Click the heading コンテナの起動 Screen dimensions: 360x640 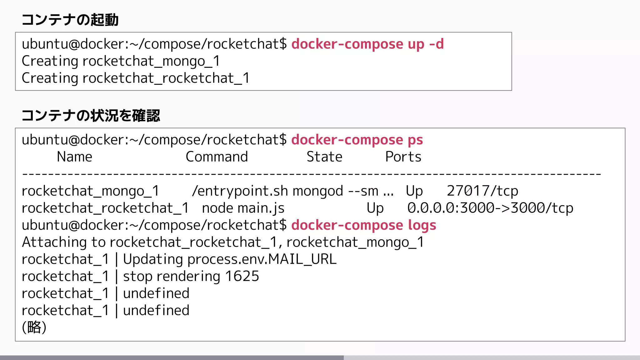(x=70, y=20)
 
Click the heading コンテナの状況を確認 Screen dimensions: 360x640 (x=91, y=116)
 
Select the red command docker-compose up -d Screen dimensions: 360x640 (x=367, y=44)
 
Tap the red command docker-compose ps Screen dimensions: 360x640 (x=357, y=140)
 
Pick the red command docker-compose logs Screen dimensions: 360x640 (x=363, y=225)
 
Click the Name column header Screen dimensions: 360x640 (x=74, y=157)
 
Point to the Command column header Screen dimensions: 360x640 (x=217, y=157)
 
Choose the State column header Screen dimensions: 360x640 (x=324, y=157)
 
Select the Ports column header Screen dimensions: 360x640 (x=403, y=157)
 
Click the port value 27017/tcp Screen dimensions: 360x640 (x=482, y=191)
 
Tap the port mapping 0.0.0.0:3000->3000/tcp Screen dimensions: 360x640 (x=490, y=208)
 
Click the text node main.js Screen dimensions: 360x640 (x=243, y=208)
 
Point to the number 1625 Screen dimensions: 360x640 (x=242, y=276)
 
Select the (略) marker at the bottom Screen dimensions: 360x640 (x=34, y=327)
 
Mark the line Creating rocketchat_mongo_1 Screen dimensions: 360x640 (x=121, y=61)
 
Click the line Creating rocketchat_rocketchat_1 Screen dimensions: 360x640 (x=136, y=78)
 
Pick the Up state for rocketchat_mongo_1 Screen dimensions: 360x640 (x=414, y=191)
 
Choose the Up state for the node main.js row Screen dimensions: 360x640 (x=375, y=208)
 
